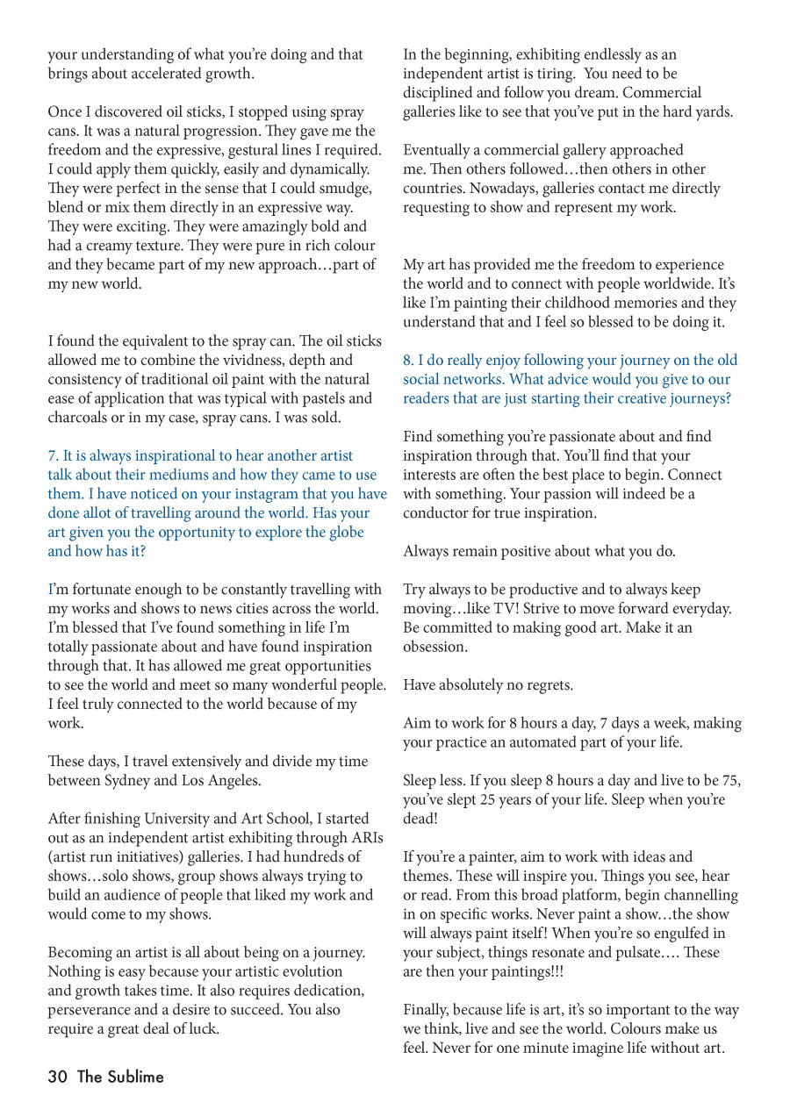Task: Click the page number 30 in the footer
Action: coord(58,1077)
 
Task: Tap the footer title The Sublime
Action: coord(120,1077)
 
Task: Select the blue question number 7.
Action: coord(53,455)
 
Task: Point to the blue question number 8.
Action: coord(408,360)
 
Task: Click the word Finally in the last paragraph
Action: coord(427,1009)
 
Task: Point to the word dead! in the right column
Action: coord(420,819)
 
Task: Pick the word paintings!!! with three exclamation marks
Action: coord(517,971)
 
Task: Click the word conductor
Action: coord(439,513)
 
